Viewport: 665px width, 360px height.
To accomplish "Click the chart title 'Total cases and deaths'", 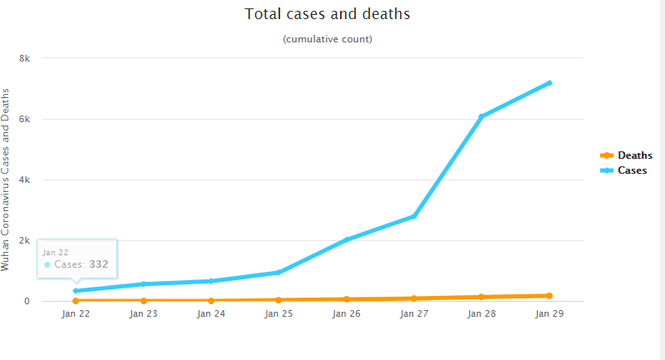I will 328,14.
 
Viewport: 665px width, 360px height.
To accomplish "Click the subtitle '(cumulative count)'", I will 328,39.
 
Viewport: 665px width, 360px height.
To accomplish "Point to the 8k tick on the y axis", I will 25,58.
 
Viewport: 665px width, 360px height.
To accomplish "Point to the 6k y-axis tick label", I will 25,119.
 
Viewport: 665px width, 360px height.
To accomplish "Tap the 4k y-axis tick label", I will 25,180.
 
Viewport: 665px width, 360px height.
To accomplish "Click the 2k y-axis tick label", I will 25,240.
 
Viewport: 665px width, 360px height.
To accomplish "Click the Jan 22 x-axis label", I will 76,314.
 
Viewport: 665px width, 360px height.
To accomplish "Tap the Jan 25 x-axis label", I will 278,314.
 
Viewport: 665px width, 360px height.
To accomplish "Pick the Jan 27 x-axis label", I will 414,314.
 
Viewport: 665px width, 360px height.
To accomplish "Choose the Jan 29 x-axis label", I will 549,314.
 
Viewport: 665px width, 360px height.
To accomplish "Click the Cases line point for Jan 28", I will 481,116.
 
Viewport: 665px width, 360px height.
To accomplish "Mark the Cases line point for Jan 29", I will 549,83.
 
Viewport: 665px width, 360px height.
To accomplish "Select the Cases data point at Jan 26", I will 346,239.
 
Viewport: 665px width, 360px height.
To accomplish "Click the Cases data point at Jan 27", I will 414,216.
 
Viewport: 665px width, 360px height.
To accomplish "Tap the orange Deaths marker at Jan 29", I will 549,295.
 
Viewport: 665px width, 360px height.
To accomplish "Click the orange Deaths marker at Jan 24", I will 211,300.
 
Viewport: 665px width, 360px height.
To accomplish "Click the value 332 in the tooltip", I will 99,264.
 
